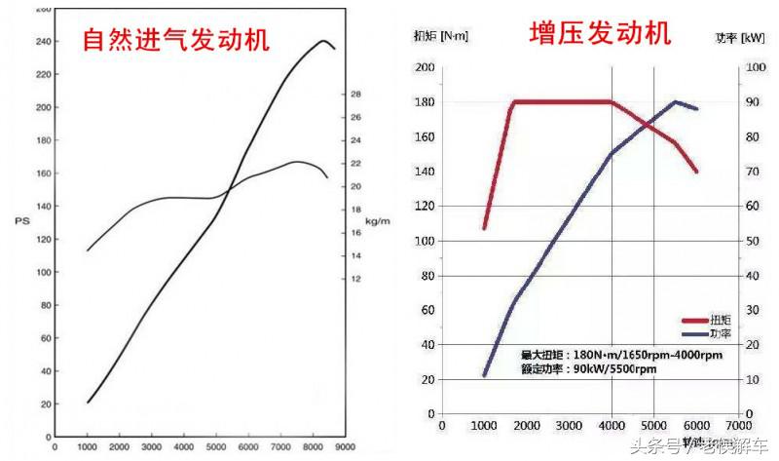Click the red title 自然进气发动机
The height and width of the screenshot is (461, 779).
176,41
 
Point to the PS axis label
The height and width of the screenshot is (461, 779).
22,221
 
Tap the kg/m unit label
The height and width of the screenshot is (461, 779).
377,221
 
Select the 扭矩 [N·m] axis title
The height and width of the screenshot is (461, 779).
441,37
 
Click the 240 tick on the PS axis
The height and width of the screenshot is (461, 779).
44,42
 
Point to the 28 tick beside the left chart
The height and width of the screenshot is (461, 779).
356,95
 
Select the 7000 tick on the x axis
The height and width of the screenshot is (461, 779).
737,426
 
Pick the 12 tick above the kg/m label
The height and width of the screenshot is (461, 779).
356,279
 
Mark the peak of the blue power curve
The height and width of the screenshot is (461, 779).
675,101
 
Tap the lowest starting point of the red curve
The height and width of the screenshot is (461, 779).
485,228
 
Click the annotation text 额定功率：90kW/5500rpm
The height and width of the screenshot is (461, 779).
588,369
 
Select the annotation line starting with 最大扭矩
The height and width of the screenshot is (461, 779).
621,355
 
